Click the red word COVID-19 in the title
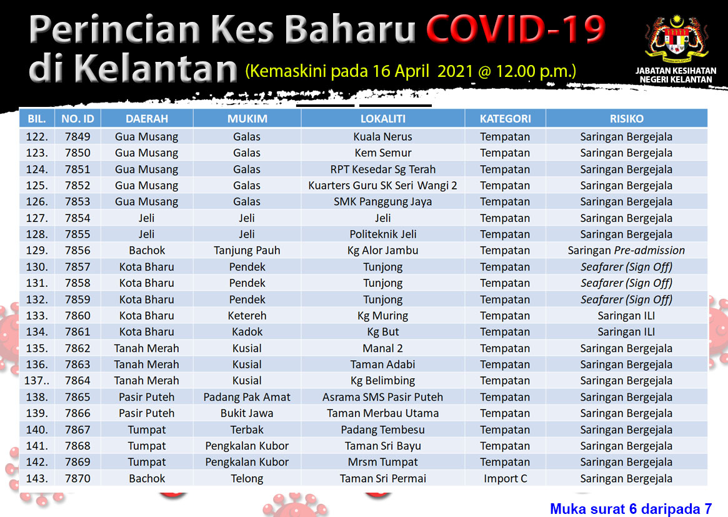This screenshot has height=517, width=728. (516, 29)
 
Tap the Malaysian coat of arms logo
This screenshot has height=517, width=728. (677, 40)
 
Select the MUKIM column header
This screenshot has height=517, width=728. (247, 119)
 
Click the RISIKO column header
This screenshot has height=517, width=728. (626, 119)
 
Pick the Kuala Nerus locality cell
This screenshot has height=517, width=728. (382, 136)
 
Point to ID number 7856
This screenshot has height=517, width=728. (77, 250)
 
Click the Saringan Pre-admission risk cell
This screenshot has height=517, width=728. (626, 250)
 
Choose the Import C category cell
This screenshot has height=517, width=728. (505, 478)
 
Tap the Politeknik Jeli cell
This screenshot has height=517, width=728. (382, 234)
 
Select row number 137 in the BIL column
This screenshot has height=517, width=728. (37, 381)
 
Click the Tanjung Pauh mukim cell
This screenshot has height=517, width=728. (247, 251)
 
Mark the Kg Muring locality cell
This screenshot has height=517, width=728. (382, 316)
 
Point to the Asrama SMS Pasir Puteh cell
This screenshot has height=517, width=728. (382, 397)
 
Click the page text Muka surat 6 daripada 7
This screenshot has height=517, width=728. (631, 509)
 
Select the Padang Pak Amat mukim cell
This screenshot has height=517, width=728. (247, 397)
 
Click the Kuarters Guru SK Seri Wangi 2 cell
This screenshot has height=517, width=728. (382, 185)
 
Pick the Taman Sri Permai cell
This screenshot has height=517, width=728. (382, 478)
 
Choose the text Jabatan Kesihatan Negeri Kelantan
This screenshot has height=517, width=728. (676, 75)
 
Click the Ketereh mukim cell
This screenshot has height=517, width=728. (247, 316)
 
